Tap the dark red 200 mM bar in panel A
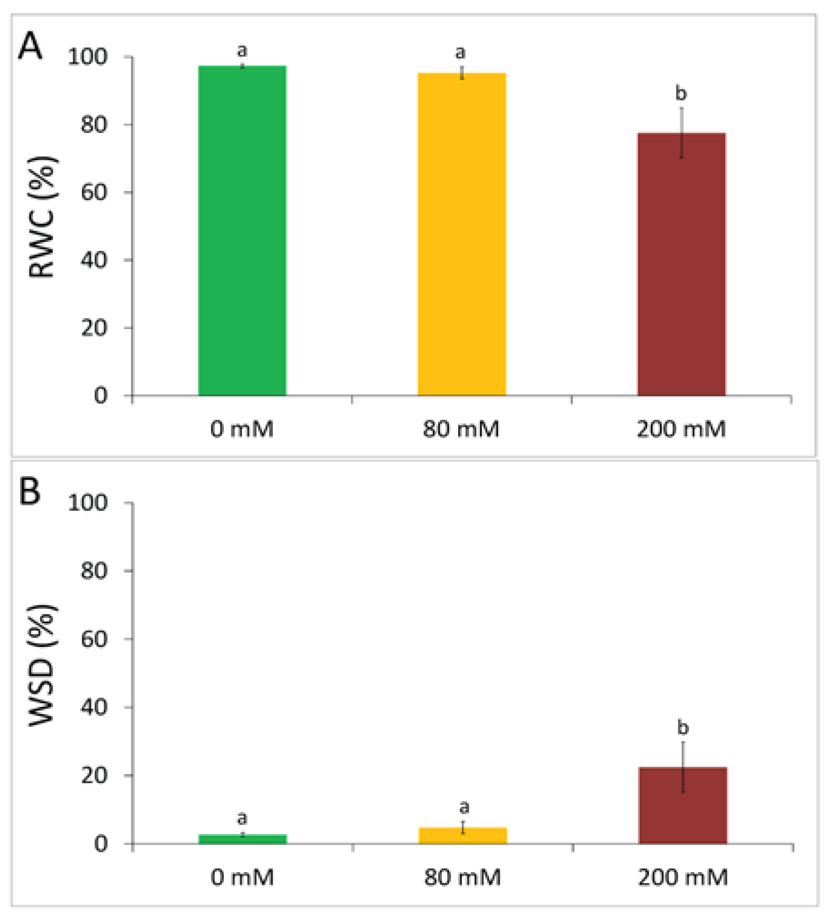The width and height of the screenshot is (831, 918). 681,264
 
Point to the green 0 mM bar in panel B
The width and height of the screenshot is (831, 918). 242,839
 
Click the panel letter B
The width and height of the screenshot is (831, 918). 30,491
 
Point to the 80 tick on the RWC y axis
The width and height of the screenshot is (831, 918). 94,124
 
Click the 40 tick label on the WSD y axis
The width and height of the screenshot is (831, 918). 94,707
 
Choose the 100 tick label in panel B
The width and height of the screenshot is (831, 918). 88,503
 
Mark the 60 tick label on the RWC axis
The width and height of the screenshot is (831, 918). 94,192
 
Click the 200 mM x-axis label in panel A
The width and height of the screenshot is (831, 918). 681,429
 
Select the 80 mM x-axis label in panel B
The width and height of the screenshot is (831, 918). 462,877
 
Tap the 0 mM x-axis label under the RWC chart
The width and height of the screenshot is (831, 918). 242,429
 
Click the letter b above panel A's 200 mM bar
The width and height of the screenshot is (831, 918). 681,94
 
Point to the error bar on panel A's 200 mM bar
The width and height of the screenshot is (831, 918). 681,133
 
